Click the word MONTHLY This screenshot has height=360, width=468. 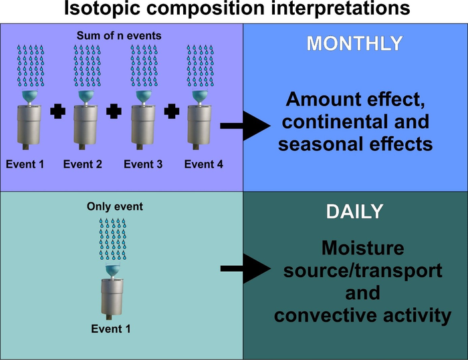354,44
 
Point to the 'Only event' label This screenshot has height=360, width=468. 115,206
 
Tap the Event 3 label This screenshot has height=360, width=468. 142,164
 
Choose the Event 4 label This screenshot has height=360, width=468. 203,164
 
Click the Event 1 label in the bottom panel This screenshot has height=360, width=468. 110,328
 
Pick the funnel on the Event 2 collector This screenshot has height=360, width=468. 85,97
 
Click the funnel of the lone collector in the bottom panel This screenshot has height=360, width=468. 112,271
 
